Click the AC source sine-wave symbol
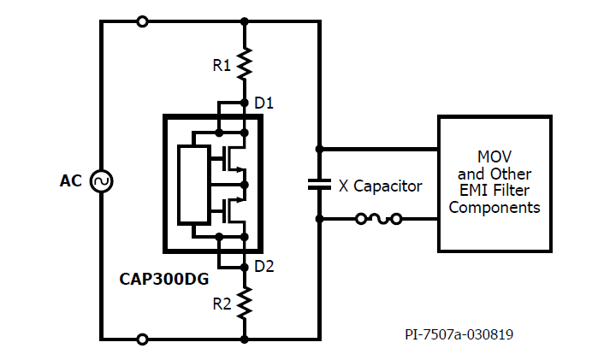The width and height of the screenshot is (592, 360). coord(101,181)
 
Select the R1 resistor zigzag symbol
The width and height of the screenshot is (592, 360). coord(245,62)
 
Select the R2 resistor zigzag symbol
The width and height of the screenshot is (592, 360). coord(245,302)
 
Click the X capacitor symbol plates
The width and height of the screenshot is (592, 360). coord(319,184)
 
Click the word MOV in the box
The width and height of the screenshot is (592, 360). coord(494,157)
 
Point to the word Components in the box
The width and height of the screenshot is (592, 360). coord(494,208)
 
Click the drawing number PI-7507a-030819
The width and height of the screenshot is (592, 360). coord(459,334)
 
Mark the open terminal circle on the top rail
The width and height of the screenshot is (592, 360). coord(142,21)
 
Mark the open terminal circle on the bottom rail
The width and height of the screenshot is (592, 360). coord(142,339)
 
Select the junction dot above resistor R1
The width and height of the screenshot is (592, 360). coord(245,21)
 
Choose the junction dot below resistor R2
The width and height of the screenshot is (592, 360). coord(245,339)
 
